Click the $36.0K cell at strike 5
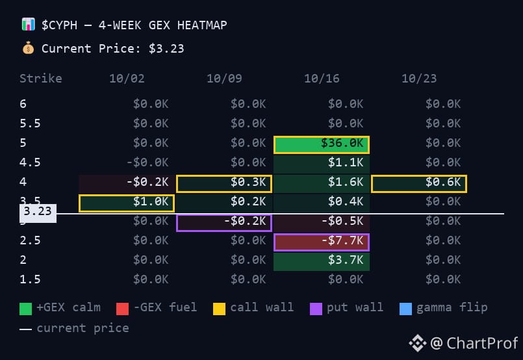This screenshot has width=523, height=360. coord(322,145)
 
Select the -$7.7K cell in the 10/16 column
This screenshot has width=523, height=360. coord(322,242)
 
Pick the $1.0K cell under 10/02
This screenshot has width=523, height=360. coord(127,203)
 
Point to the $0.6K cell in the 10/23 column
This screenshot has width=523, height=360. coord(419,184)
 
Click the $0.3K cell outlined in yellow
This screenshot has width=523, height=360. coord(224,184)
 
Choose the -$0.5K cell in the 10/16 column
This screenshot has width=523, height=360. coord(322,222)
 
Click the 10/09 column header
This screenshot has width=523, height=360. coord(225,79)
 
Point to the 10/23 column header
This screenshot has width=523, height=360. coord(419,79)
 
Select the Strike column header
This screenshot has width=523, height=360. coord(41,79)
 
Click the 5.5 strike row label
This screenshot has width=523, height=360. coord(30,123)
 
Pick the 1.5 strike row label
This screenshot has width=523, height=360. coord(30,279)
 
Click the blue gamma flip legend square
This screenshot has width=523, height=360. coord(405,309)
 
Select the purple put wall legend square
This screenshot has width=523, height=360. coord(316,309)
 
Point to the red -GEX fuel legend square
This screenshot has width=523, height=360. coord(122,309)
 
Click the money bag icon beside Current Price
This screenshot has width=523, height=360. coord(29,48)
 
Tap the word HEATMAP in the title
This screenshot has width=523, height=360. coord(202,25)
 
